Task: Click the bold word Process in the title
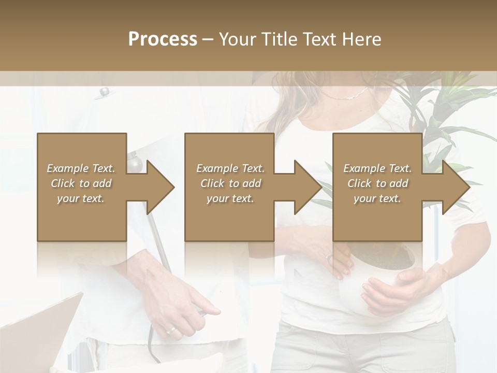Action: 163,39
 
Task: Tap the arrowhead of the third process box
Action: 455,187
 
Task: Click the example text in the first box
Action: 81,183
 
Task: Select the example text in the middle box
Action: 230,183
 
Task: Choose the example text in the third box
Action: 377,183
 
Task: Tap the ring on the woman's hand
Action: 328,257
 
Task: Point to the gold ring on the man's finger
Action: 170,330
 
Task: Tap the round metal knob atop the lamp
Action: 104,92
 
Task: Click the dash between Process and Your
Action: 208,39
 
